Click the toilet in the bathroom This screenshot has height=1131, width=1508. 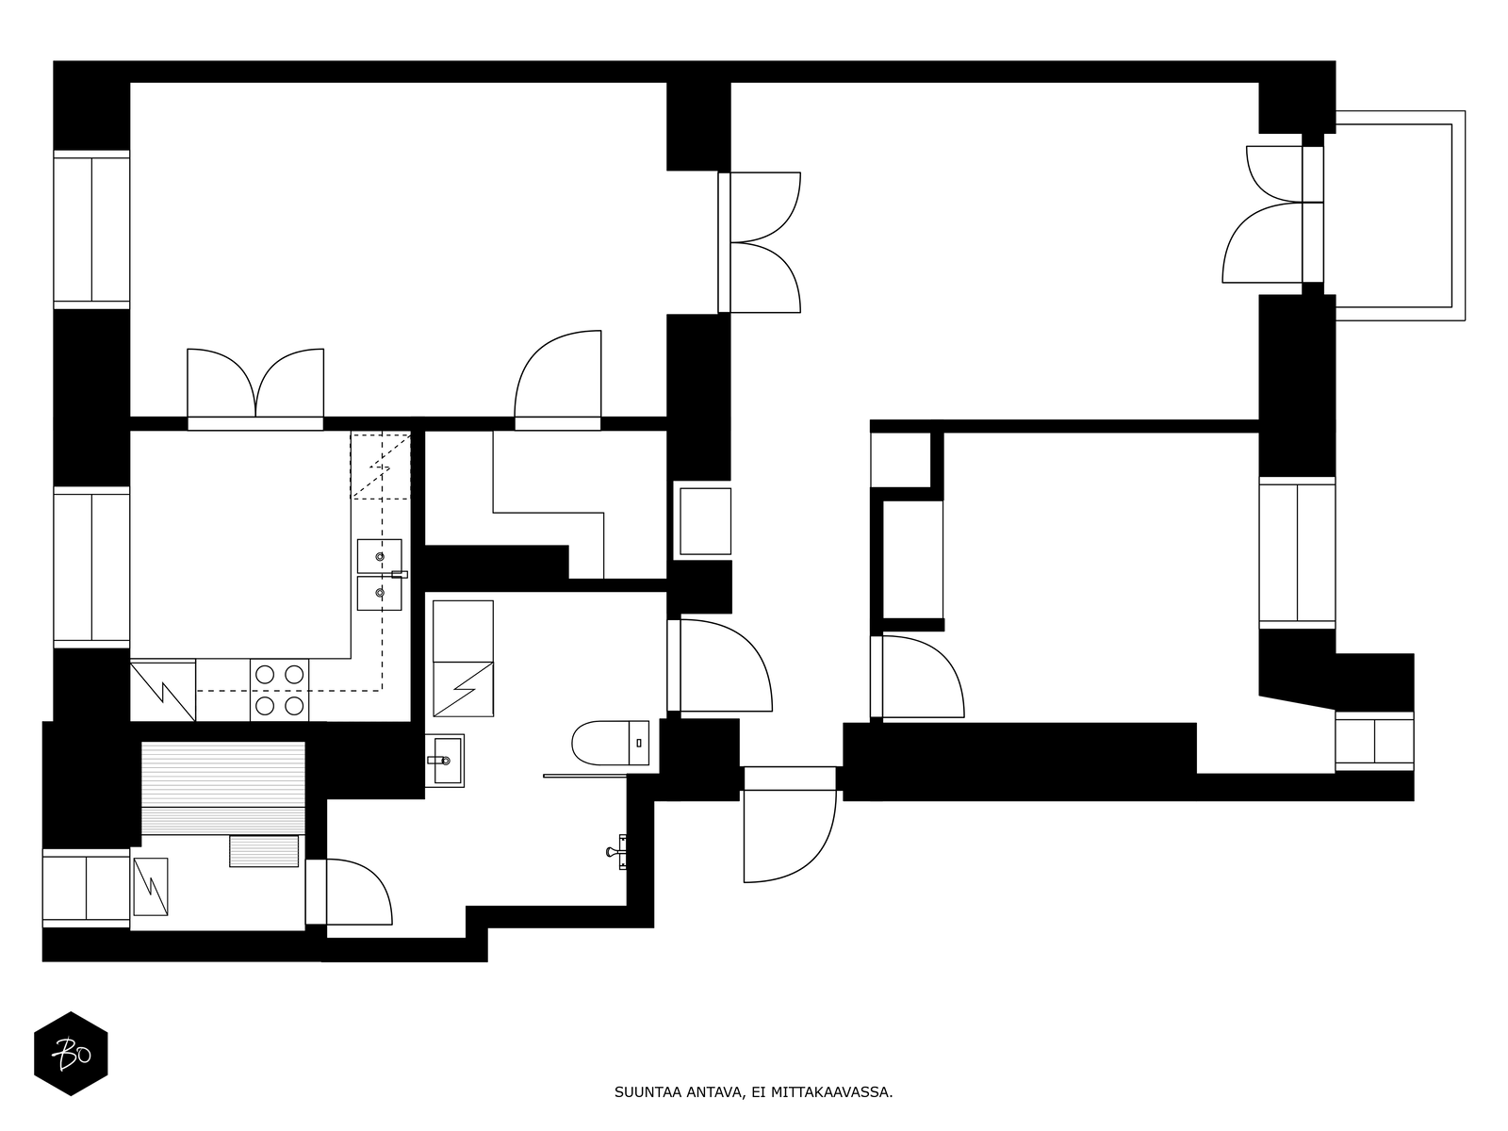(x=610, y=743)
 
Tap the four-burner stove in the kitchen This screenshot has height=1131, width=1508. (x=280, y=690)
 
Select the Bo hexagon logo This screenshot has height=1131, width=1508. (x=71, y=1054)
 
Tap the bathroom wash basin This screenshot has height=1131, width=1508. (x=445, y=761)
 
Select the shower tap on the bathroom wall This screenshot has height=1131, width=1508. (x=617, y=851)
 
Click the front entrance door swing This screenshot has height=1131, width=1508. (x=790, y=836)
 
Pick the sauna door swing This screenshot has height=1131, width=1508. (x=359, y=892)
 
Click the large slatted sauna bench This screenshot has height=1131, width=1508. (x=223, y=788)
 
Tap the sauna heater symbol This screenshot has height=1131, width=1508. (x=151, y=887)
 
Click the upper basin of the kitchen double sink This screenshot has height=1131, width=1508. (x=379, y=555)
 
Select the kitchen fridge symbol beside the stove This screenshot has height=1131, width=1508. (x=163, y=690)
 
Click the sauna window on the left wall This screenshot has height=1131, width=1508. (x=87, y=889)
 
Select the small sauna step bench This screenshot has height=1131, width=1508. (x=264, y=851)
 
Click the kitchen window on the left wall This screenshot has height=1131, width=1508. (x=91, y=567)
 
